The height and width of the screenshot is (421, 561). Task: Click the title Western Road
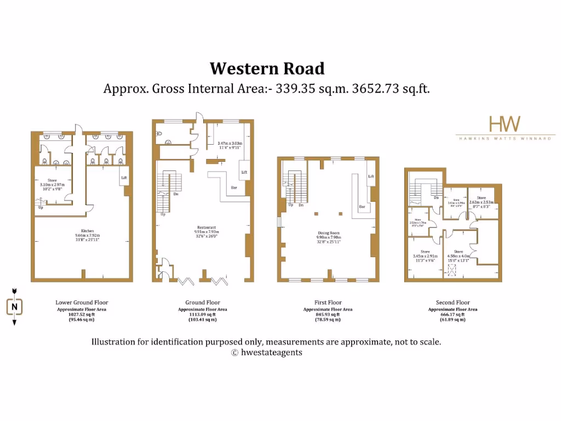coord(267,69)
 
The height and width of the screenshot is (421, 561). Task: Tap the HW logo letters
coord(504,123)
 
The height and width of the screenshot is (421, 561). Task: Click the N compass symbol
coord(15,307)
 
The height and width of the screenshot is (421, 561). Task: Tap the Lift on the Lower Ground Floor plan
coord(124,178)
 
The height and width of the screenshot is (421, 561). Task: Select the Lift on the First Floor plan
coord(371,177)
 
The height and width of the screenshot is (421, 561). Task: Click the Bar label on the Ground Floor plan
coord(234,187)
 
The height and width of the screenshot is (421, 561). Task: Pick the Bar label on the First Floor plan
coord(362,207)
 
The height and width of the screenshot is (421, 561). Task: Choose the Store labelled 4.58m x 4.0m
coord(459,252)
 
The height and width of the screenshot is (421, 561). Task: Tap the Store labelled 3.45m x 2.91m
coord(425,252)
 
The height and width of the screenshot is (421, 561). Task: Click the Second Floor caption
coord(453,303)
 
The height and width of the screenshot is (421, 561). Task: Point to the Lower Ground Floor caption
coord(82,303)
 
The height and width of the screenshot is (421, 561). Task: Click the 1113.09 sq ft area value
coord(202,314)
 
